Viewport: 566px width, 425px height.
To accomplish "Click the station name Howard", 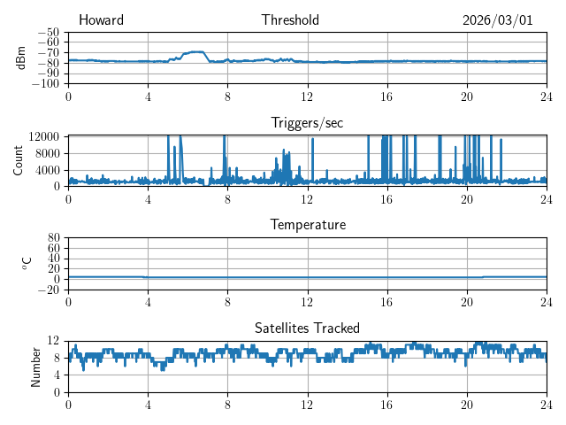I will (101, 20).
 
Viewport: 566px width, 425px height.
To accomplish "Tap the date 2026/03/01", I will (497, 20).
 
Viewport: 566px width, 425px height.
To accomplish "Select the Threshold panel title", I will (290, 20).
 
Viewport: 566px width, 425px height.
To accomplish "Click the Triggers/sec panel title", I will (307, 123).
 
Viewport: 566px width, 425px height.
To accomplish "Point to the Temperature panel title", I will (307, 225).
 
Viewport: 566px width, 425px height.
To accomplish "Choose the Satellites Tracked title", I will (307, 328).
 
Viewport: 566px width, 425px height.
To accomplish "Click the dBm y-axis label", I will (21, 58).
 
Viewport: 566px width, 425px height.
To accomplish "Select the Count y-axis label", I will (19, 160).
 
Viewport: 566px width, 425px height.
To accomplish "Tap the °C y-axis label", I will (27, 263).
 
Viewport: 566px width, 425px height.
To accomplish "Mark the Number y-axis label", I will (36, 366).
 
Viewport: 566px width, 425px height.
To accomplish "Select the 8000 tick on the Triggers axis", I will (47, 152).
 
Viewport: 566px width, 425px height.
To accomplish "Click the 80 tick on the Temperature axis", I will (54, 238).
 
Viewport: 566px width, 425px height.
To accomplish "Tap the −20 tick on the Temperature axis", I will (50, 290).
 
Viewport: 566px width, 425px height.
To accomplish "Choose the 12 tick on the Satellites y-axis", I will (54, 341).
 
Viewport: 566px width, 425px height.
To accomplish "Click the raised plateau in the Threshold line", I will (195, 52).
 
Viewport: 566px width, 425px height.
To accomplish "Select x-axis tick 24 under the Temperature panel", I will (546, 302).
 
